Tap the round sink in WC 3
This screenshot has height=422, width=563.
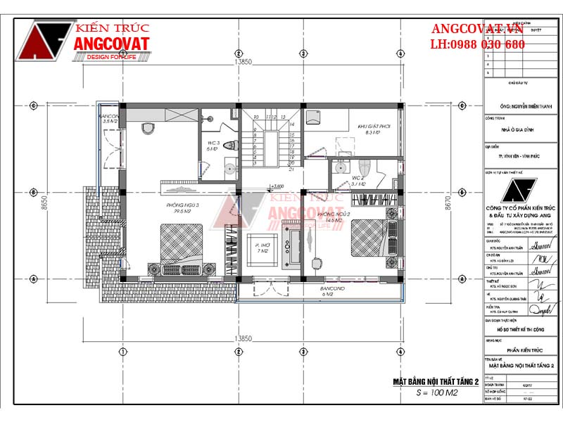pos(229,168)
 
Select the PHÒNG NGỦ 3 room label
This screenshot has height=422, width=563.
pos(183,207)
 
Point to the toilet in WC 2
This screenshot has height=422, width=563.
pos(341,167)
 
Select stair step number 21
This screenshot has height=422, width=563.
pos(291,170)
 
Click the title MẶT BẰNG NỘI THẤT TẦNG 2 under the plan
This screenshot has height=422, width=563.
pos(434,381)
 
